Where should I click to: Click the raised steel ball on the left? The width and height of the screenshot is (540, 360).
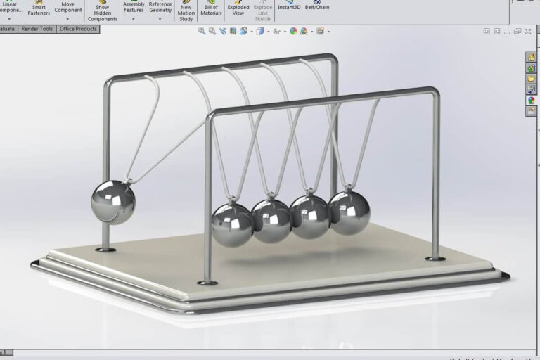(x=112, y=202)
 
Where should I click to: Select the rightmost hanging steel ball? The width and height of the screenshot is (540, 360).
(x=349, y=212)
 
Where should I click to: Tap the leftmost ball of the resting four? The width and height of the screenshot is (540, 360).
(x=232, y=224)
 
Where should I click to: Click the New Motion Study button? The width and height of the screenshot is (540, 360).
(x=186, y=10)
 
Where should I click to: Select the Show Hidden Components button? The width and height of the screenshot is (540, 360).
(x=103, y=10)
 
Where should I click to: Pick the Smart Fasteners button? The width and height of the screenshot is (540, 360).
(x=39, y=8)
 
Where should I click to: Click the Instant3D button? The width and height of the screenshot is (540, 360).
(x=289, y=6)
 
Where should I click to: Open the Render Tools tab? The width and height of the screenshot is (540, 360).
(x=37, y=29)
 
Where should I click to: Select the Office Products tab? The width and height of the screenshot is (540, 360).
(x=78, y=29)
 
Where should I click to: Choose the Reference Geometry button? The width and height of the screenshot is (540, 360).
(x=160, y=7)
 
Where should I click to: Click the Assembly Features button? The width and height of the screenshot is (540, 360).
(x=134, y=7)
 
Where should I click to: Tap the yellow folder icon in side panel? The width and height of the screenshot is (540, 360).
(x=532, y=79)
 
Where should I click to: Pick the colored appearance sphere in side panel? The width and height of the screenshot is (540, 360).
(x=532, y=100)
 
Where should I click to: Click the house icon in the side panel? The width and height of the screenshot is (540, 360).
(x=532, y=58)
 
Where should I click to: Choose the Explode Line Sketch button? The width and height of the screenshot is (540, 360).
(x=262, y=10)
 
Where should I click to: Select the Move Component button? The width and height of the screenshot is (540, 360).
(x=68, y=7)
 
